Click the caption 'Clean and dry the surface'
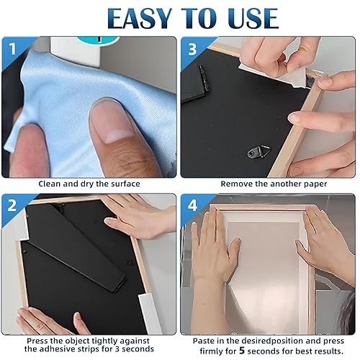click(89, 184)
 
